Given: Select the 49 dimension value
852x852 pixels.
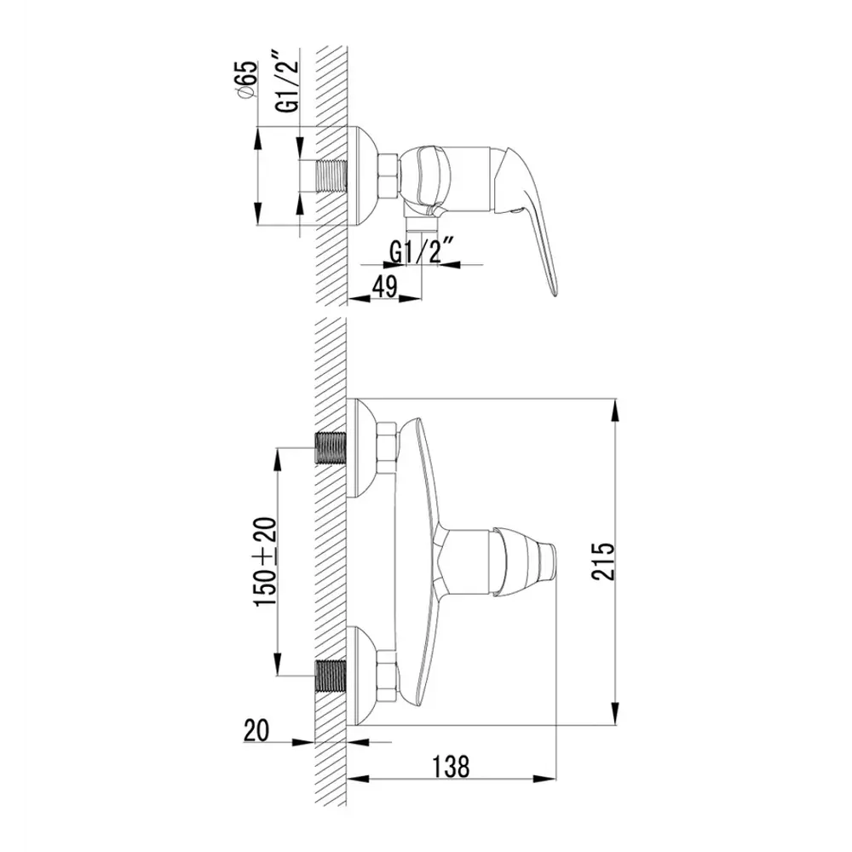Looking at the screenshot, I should point(386,286).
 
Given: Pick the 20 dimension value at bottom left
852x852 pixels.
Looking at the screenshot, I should point(256,730).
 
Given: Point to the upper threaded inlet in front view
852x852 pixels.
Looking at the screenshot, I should point(331,447).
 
